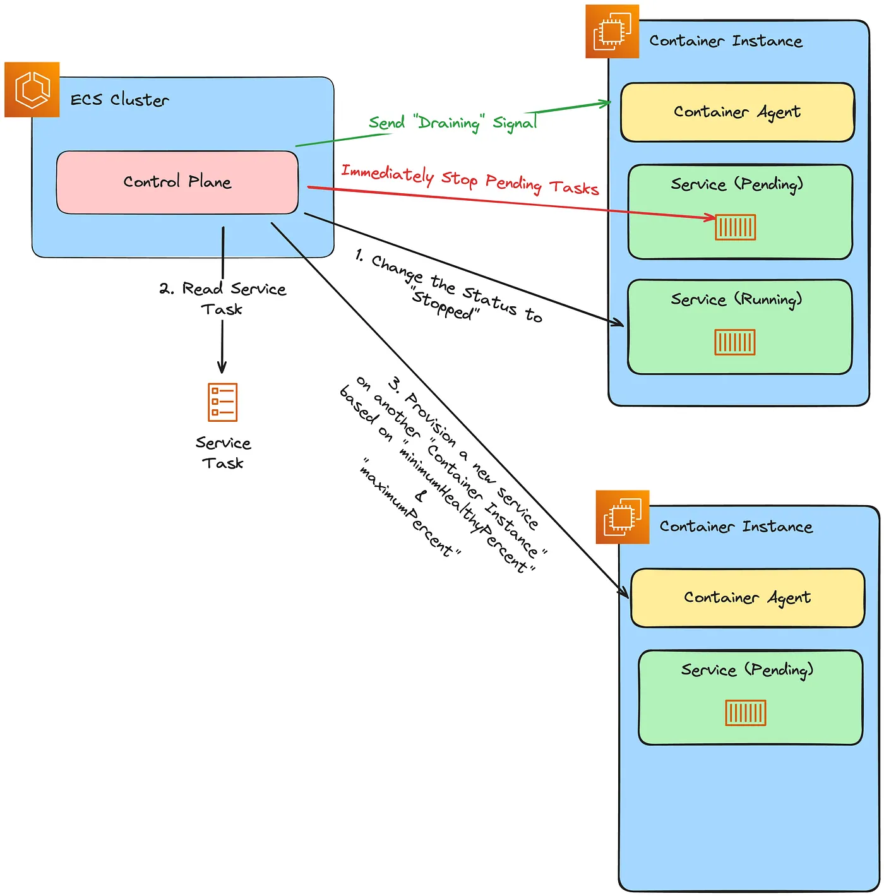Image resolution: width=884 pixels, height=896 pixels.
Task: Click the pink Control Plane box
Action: (177, 182)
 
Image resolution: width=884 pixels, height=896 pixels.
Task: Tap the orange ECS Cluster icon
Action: (32, 90)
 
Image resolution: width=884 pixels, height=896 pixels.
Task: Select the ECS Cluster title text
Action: (119, 100)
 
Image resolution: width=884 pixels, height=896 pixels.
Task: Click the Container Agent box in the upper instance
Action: (737, 112)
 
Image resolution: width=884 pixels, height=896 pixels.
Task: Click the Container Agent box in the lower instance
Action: (747, 598)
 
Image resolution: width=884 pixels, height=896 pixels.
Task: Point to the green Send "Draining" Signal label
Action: (452, 122)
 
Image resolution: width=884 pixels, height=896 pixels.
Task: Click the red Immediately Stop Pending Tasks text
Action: (470, 180)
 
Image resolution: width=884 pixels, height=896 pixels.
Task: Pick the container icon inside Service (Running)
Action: (735, 342)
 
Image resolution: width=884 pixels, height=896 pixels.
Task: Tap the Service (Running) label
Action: (736, 299)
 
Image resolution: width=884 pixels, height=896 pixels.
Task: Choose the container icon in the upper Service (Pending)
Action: (735, 227)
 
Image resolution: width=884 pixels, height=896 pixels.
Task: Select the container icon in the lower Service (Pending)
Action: (746, 713)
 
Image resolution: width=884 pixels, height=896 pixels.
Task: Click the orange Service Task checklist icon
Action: (222, 402)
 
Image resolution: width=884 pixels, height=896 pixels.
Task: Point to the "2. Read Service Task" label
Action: (222, 299)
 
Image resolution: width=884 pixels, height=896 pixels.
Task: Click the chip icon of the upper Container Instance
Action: (612, 32)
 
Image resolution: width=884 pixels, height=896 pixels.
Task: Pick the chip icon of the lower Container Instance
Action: (623, 517)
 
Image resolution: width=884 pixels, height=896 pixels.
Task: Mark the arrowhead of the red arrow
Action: (712, 218)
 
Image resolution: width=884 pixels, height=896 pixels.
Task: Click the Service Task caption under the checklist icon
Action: (223, 453)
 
